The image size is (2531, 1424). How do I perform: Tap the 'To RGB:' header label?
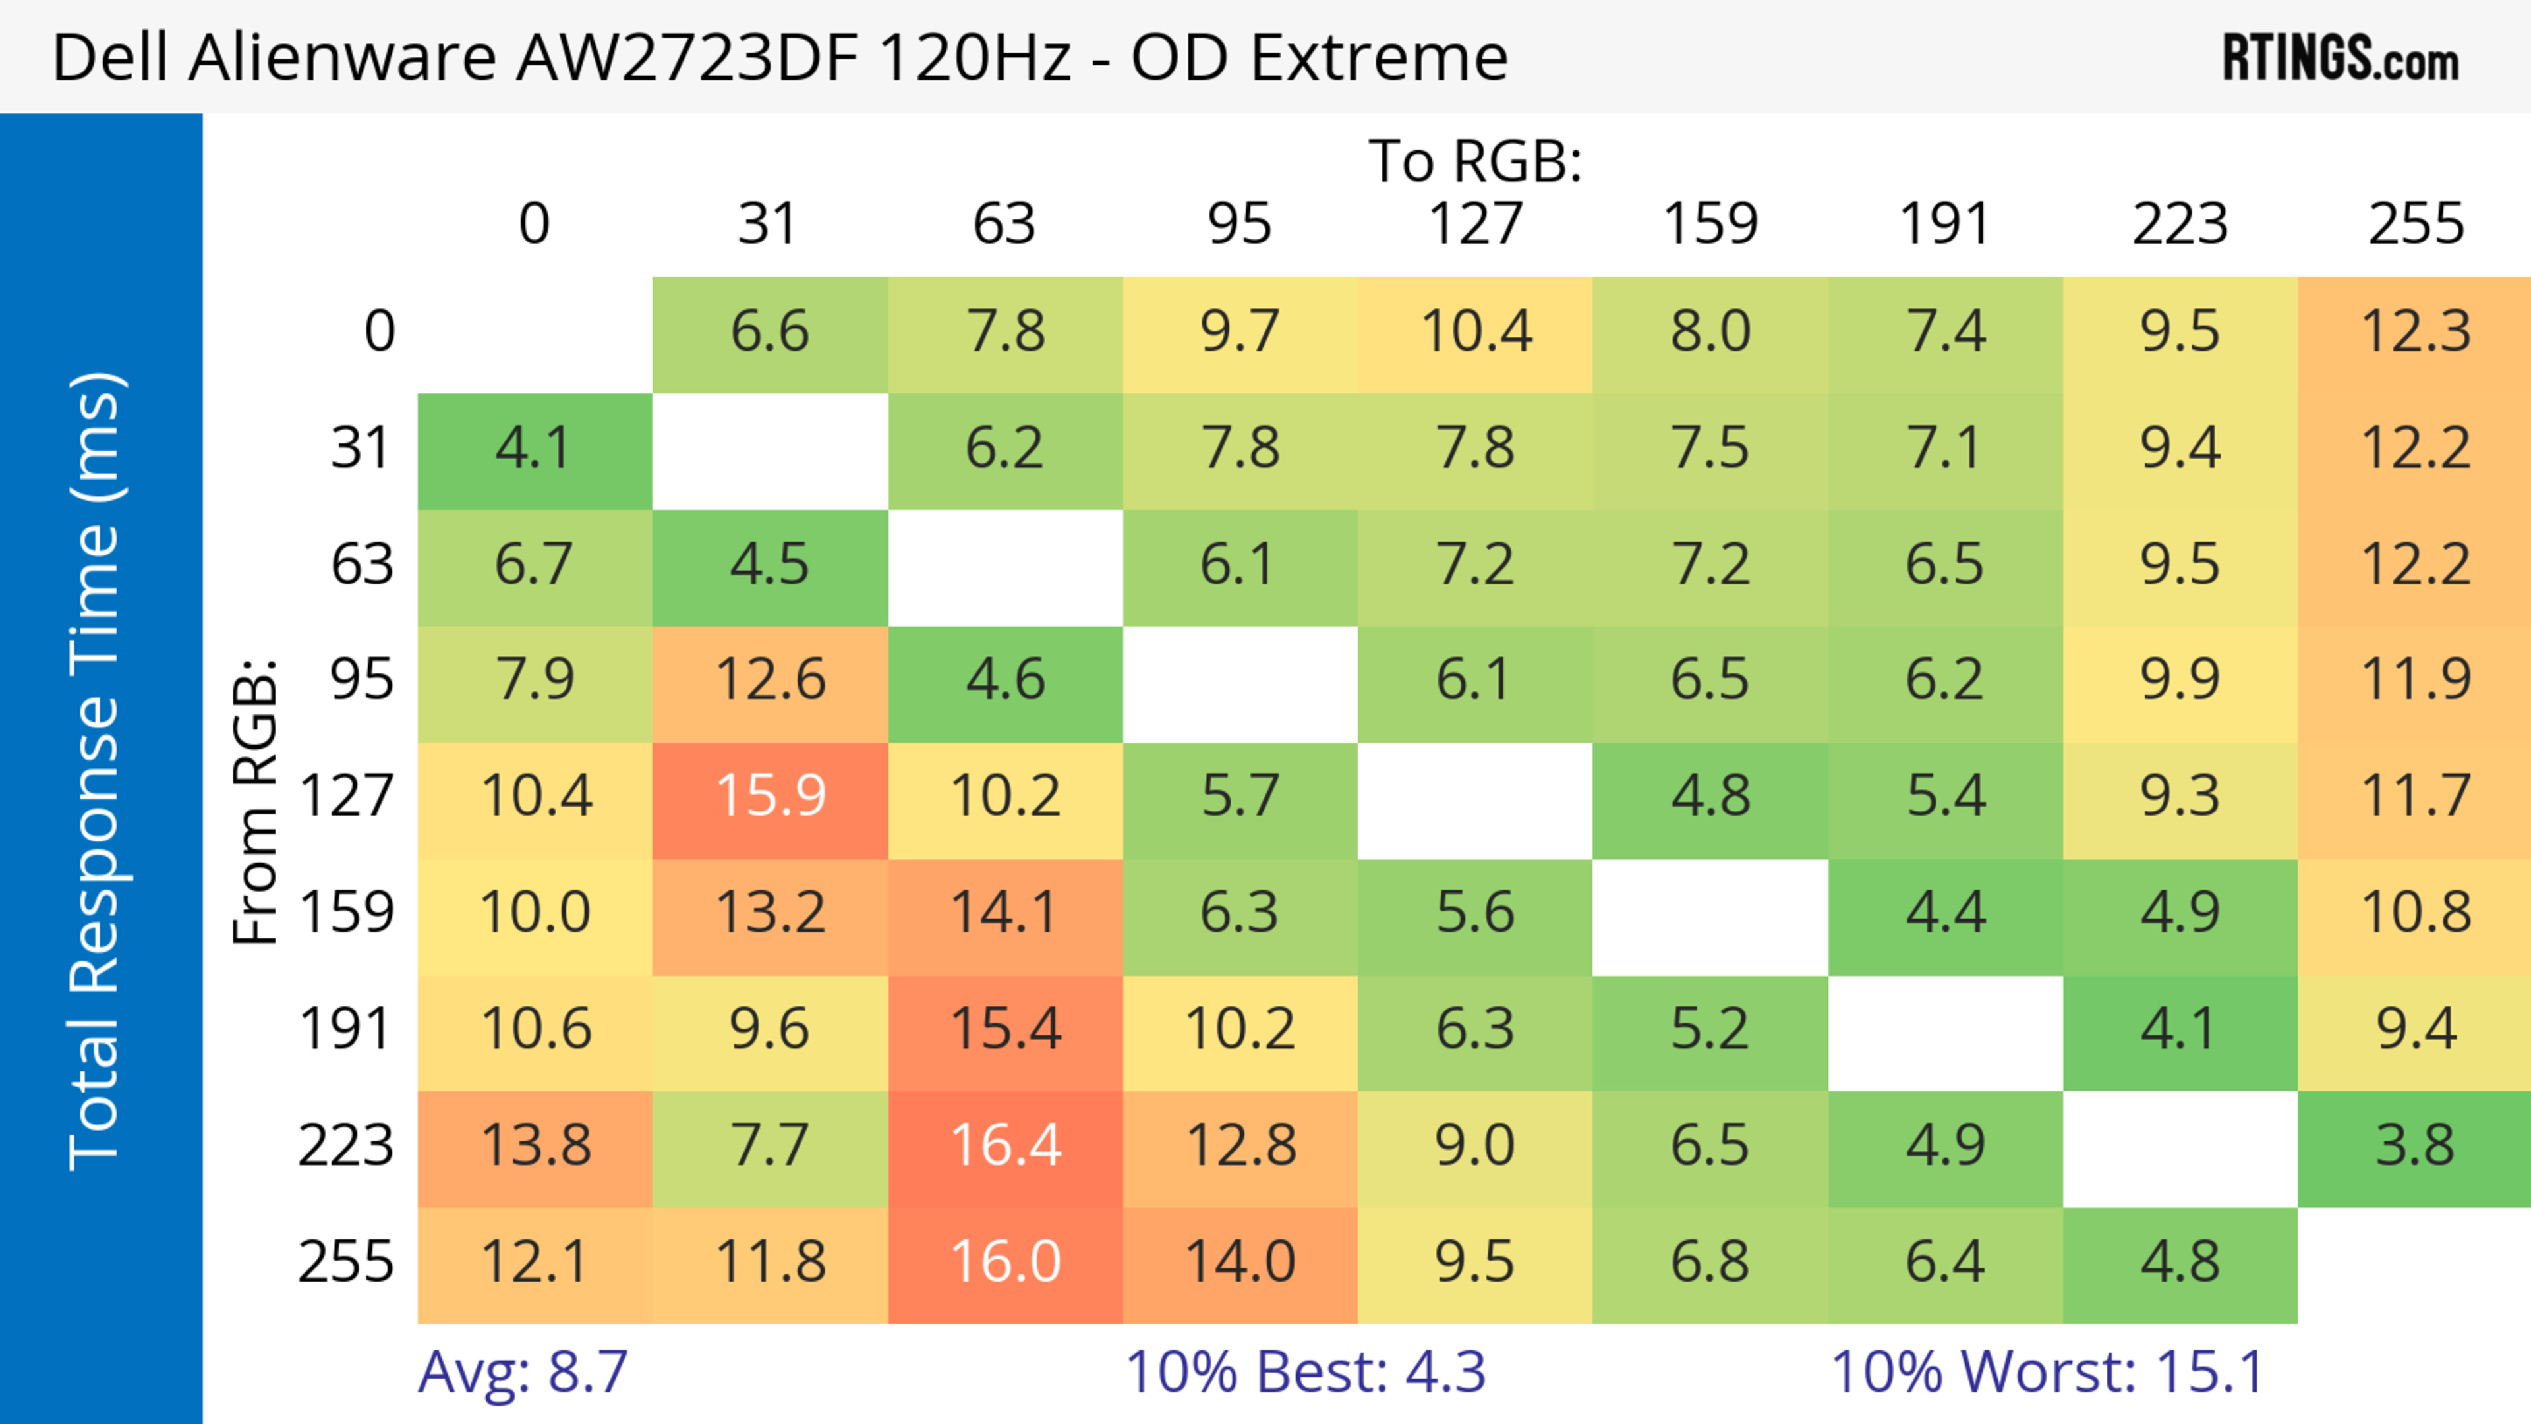tap(1475, 161)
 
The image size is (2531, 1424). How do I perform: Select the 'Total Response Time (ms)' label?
tap(96, 771)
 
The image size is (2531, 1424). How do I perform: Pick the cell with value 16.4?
tap(1005, 1146)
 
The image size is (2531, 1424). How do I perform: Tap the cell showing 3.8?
tap(2415, 1146)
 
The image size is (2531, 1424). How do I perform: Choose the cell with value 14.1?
tap(1005, 913)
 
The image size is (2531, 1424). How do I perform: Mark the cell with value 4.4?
tap(1946, 913)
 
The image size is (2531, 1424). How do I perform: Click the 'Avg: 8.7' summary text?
tap(523, 1372)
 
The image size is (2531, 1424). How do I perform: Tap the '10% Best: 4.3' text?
tap(1305, 1372)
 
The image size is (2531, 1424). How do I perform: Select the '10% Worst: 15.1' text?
tap(2048, 1372)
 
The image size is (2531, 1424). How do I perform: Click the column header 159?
tap(1710, 224)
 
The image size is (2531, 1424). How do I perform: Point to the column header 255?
tap(2415, 224)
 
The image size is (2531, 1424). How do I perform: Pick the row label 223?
tap(346, 1146)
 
